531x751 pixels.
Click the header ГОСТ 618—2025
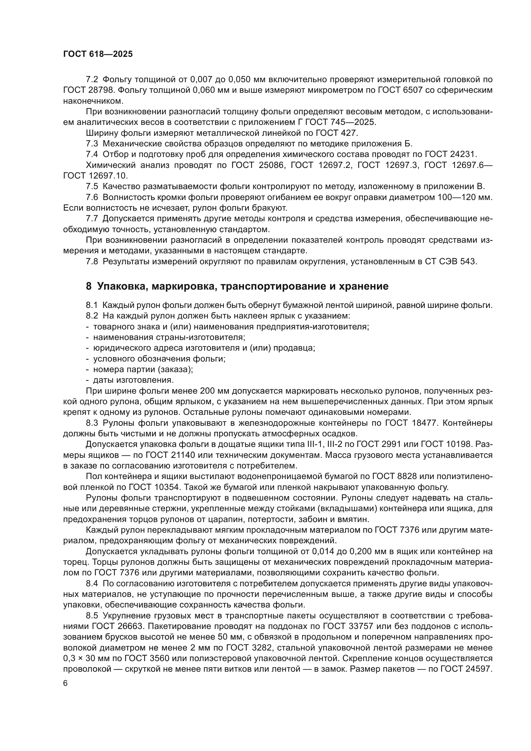tap(98, 54)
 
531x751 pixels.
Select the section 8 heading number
tap(89, 286)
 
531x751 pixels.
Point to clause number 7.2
tap(92, 80)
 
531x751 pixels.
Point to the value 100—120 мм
tap(461, 197)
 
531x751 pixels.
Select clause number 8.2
tap(92, 316)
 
